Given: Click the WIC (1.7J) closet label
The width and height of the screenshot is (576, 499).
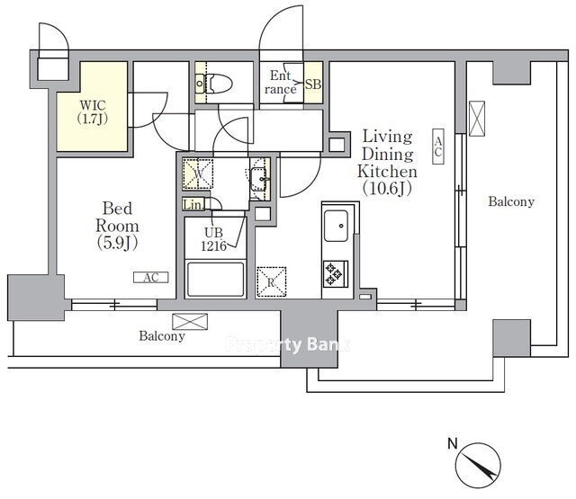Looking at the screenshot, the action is (x=93, y=112).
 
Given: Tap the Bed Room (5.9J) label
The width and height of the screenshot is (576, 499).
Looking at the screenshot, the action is (x=117, y=226).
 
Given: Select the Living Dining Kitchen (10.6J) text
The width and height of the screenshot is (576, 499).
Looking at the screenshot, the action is (x=387, y=162).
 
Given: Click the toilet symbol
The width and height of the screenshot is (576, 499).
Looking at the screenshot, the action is (x=214, y=84).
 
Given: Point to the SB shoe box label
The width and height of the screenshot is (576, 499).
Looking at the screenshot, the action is (x=313, y=85).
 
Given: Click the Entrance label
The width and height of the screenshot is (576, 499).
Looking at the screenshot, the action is (x=280, y=83).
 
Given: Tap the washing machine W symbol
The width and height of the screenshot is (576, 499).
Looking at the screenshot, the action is (x=198, y=174).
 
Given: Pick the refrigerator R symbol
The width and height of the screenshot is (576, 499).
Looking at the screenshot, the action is (x=271, y=281).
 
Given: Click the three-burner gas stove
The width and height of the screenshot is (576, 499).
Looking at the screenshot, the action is (x=336, y=273).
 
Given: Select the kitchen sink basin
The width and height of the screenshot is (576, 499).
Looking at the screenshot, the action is (x=336, y=226).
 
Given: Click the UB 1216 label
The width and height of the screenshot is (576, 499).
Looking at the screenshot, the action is (x=213, y=239).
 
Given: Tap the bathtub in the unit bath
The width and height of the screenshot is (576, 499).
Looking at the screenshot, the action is (x=216, y=279).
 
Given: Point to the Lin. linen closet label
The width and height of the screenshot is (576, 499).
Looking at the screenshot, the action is (x=193, y=205).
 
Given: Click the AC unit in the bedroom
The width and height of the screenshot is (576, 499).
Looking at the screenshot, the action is (x=151, y=278).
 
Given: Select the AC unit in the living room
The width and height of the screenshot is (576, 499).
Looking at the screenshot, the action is (x=438, y=147).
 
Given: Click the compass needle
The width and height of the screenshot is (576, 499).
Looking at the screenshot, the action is (x=479, y=466).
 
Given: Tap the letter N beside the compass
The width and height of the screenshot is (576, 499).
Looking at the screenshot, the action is (x=453, y=443).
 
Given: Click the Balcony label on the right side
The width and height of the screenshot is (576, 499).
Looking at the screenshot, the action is (x=511, y=201).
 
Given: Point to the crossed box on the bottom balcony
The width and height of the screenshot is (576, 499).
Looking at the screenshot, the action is (x=190, y=321).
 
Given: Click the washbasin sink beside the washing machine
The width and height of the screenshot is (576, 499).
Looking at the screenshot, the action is (x=259, y=179).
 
